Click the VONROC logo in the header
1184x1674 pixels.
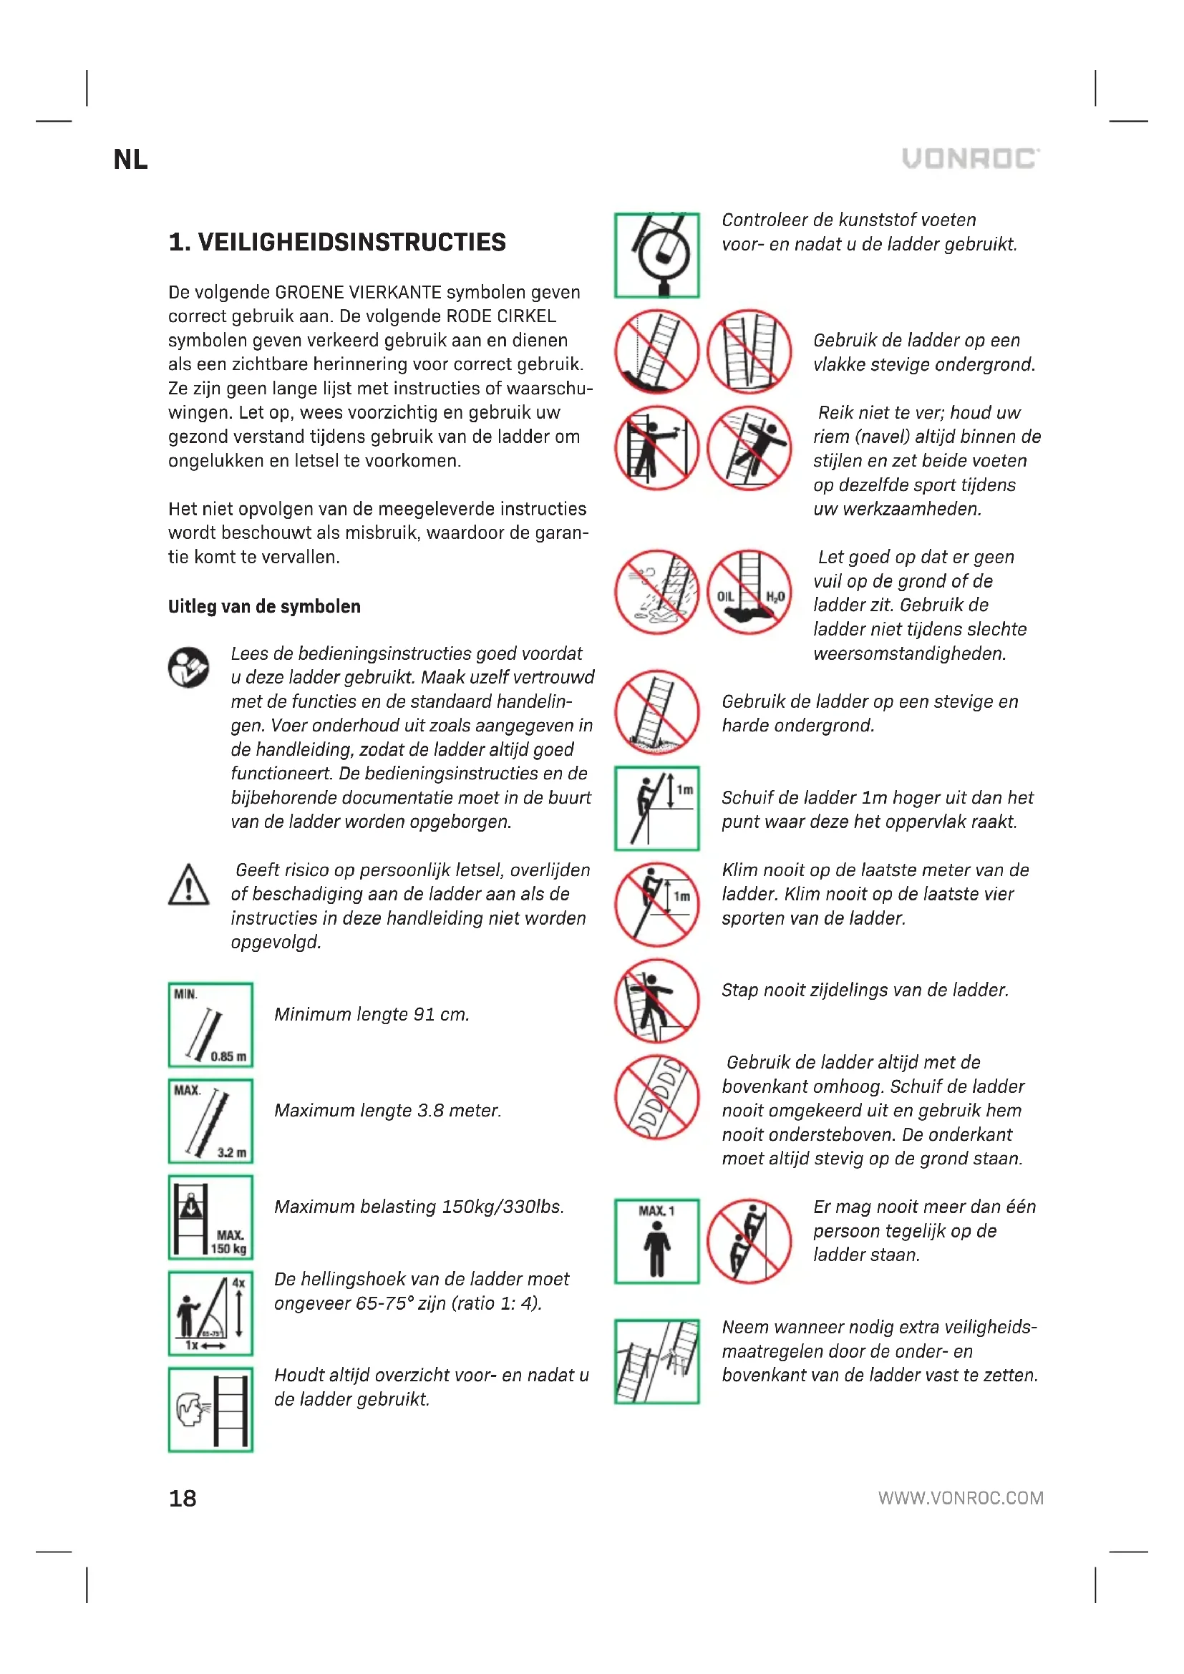coord(971,158)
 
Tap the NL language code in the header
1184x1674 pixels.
coord(130,160)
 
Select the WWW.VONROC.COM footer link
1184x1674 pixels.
coord(960,1497)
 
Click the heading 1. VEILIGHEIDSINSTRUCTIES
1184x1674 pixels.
coord(337,242)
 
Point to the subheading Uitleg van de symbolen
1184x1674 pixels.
coord(264,606)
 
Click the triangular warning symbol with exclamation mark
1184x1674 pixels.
coord(189,885)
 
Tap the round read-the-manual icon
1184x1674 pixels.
coord(189,666)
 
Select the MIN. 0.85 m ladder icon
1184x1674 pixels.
coord(210,1024)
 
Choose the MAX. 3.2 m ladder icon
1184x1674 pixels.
coord(210,1121)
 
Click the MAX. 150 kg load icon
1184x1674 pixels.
coord(210,1217)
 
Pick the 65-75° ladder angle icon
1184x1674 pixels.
coord(210,1313)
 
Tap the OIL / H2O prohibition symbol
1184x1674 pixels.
coord(749,592)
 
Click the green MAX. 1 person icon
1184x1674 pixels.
coord(656,1241)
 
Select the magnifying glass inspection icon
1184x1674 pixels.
coord(656,256)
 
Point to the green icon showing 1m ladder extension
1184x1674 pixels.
coord(656,808)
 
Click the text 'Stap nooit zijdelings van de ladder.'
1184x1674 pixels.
coord(865,990)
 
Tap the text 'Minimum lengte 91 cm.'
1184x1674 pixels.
coord(371,1014)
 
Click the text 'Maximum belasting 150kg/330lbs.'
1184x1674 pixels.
coord(419,1207)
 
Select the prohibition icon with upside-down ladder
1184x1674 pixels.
coord(656,1096)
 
